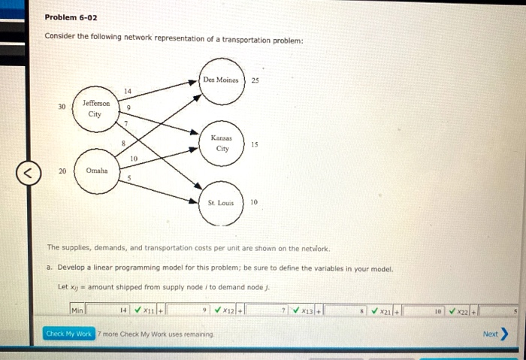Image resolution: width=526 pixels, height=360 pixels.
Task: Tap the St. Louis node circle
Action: pos(221,203)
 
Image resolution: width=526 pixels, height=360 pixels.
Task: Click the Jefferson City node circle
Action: pos(95,108)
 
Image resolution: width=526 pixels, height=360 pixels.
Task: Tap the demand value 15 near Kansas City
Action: pos(254,144)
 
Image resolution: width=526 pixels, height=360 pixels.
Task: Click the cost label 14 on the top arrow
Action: pos(127,91)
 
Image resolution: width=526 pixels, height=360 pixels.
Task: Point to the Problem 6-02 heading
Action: pos(71,17)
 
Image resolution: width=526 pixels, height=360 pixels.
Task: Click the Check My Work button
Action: pos(69,333)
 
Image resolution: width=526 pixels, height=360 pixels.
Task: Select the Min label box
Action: pos(77,310)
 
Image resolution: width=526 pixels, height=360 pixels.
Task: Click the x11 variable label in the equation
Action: pos(149,310)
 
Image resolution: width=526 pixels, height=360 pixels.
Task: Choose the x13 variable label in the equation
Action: pos(306,310)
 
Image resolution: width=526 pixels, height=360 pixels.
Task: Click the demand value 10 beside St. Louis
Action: pos(254,202)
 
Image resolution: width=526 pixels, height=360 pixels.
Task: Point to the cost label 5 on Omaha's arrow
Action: pos(130,178)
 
